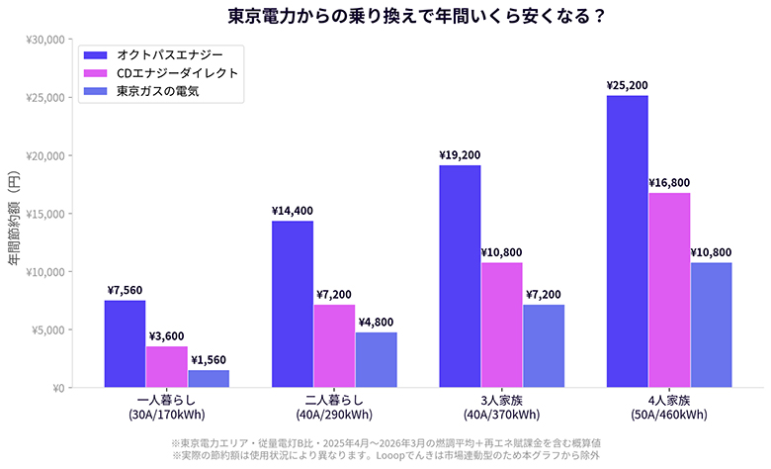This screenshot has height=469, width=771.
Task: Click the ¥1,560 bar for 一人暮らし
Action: pos(209,379)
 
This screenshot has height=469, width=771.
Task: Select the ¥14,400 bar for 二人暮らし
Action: pos(293,305)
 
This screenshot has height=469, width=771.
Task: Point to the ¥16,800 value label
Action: pos(669,182)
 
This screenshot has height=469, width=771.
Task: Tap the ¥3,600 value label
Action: pos(166,336)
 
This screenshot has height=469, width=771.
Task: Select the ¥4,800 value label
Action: pos(376,322)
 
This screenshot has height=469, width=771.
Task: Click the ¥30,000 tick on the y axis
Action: pos(44,40)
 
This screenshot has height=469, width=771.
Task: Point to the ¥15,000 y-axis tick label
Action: pos(44,214)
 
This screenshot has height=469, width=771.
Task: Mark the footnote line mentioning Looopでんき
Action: pos(385,456)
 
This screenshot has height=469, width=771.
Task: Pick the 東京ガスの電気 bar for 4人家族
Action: pos(711,325)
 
